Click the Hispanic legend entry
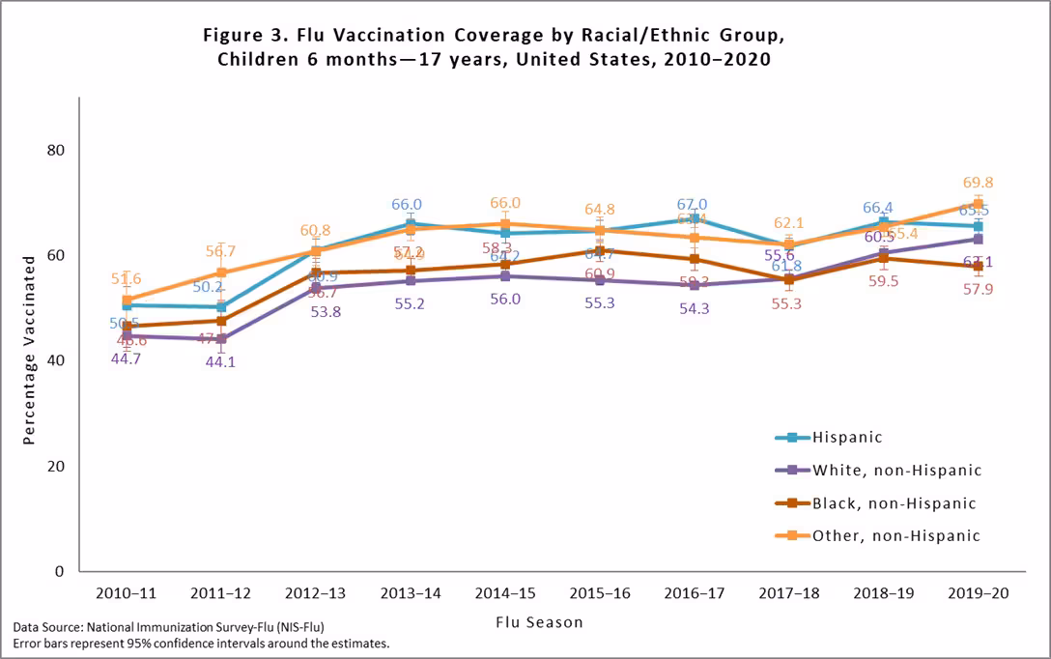[x=847, y=437]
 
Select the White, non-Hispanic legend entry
[x=896, y=471]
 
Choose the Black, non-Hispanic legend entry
[x=894, y=503]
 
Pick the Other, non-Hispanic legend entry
[x=895, y=536]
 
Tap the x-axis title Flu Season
[x=539, y=622]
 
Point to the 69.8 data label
[x=978, y=183]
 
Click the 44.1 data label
[x=221, y=363]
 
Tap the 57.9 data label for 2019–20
[x=978, y=289]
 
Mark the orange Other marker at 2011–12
[x=221, y=272]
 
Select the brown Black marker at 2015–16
[x=599, y=251]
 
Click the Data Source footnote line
[x=169, y=627]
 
